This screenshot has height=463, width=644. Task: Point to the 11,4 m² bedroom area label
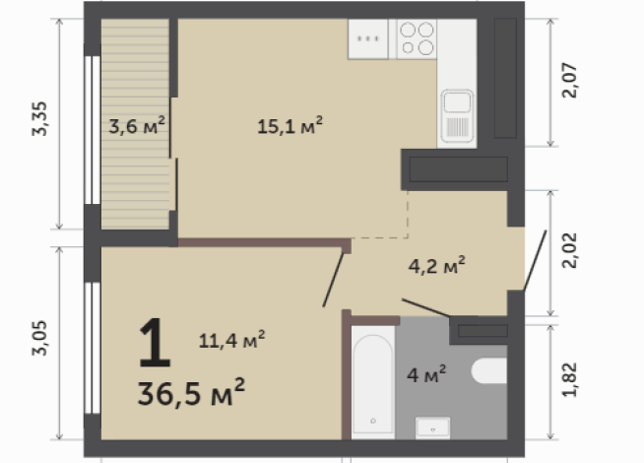(231, 341)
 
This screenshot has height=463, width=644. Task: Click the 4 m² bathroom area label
(427, 373)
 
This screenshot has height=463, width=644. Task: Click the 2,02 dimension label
(569, 254)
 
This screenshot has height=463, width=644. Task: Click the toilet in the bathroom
(489, 372)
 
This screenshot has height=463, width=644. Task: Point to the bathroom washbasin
(432, 426)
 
